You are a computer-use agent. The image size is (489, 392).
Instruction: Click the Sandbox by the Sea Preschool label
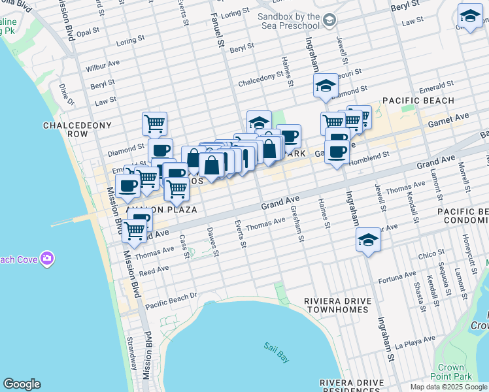[x=288, y=20]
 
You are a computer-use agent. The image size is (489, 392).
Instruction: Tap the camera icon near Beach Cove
[x=46, y=259]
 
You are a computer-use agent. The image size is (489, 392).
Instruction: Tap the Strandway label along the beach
[x=131, y=361]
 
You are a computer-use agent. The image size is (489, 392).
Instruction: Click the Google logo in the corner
[x=22, y=384]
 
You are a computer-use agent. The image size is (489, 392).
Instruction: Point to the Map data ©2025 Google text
[x=448, y=387]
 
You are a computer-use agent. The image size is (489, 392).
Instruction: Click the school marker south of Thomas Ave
[x=369, y=241]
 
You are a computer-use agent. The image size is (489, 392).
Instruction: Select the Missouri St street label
[x=331, y=75]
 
